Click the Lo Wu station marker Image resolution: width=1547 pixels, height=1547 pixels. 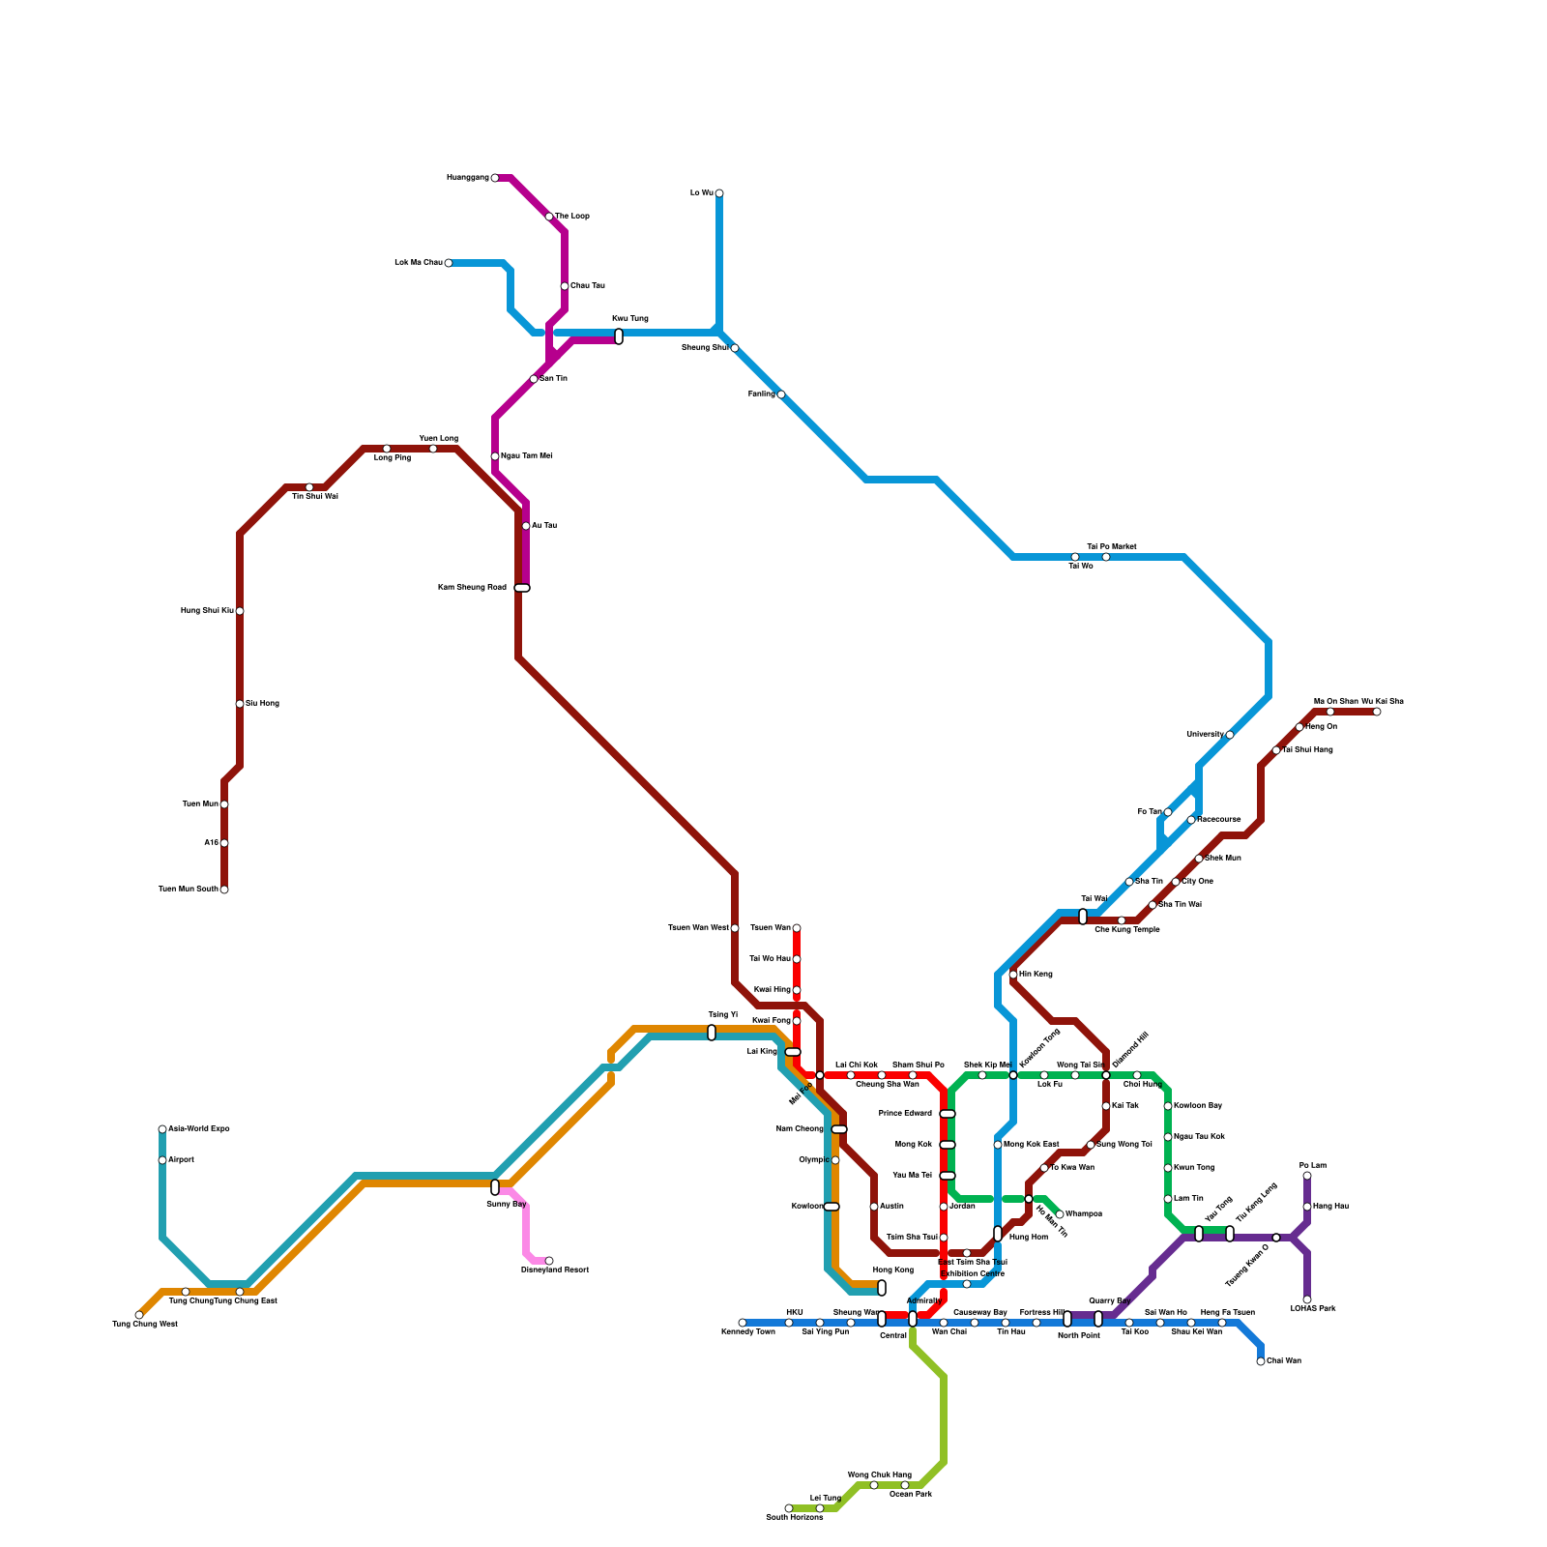719,193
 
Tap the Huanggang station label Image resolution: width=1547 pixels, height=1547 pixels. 467,178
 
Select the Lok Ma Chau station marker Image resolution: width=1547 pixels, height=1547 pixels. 449,263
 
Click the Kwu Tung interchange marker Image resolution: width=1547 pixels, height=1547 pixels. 619,336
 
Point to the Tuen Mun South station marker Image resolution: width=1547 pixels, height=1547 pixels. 224,890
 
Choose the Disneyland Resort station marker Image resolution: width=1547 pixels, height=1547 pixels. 549,1261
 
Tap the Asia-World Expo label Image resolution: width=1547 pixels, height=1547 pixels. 199,1129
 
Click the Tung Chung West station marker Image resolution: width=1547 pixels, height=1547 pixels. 139,1315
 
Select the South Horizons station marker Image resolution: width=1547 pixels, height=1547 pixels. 789,1508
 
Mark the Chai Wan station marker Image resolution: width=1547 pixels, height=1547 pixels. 1261,1361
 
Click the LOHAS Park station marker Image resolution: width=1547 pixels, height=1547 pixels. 1307,1299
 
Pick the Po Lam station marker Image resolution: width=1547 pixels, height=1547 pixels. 1307,1176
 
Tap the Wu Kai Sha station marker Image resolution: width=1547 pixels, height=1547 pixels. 1377,712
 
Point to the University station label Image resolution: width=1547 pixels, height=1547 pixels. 1205,735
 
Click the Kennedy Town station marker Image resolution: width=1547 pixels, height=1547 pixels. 743,1323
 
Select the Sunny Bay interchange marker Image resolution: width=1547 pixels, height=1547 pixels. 495,1187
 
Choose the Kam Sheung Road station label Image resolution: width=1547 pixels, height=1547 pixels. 472,588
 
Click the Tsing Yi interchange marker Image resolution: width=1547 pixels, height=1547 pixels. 712,1033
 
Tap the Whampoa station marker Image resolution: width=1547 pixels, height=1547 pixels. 1060,1214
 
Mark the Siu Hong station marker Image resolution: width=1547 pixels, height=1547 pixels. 240,704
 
